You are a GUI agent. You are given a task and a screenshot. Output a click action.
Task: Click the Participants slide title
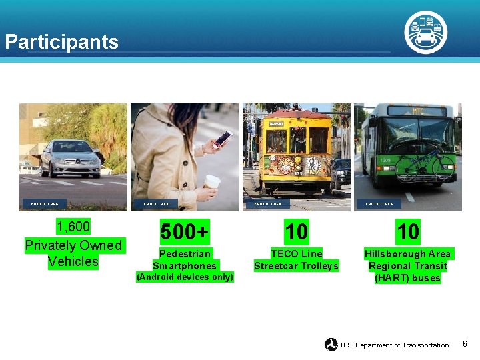pos(61,42)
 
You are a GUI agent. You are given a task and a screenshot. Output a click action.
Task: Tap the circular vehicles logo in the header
pos(425,32)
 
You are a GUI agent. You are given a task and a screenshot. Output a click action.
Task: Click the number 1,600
pos(73,227)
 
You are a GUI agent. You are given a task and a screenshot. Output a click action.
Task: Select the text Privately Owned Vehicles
pos(73,253)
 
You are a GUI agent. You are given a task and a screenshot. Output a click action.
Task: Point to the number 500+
pos(185,232)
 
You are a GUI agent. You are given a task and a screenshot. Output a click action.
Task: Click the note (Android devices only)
pos(185,277)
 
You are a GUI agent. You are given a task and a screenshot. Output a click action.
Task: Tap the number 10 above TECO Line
pos(296,232)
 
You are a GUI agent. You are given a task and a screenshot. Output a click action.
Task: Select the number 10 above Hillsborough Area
pos(407,232)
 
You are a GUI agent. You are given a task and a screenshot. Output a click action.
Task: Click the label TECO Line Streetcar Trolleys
pos(296,260)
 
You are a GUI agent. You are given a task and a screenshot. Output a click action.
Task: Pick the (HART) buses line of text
pos(407,278)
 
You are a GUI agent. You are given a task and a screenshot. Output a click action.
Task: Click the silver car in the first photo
pos(70,158)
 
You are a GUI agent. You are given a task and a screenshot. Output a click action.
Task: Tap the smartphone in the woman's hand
pos(222,139)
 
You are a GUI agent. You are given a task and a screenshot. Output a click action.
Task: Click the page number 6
pos(465,344)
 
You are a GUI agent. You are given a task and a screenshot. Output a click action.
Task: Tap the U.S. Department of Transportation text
pos(395,345)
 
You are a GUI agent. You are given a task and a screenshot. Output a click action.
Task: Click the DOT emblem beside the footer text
pos(331,345)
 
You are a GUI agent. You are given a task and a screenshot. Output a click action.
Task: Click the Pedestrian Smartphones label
pos(185,260)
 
